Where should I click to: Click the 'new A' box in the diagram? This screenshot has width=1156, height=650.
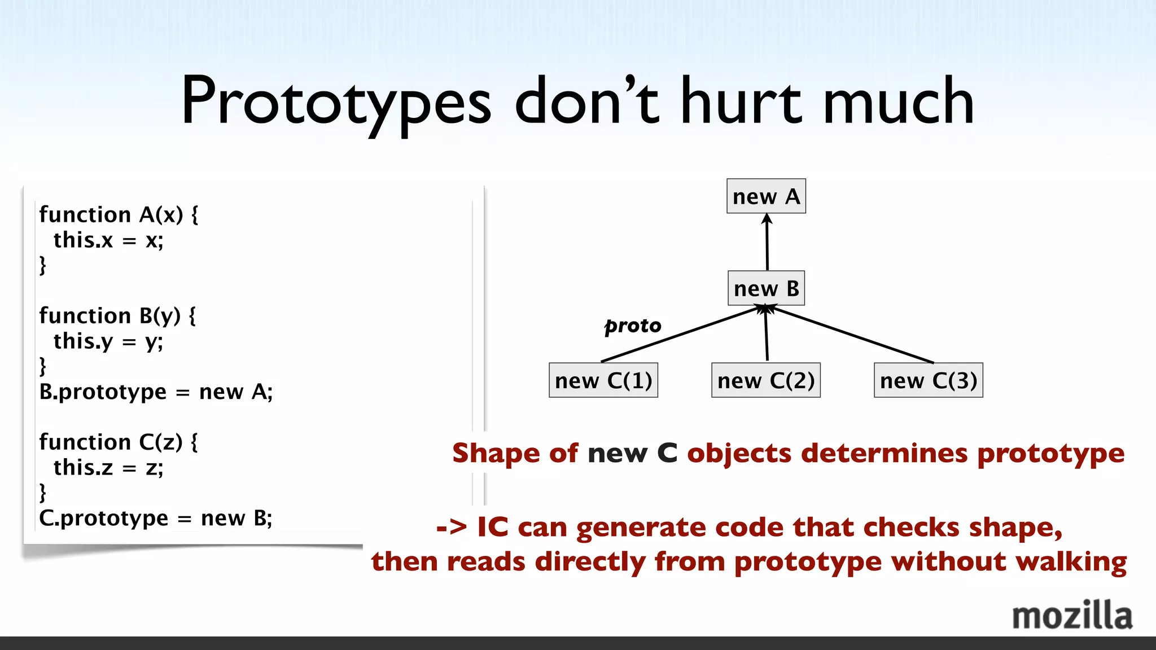[766, 196]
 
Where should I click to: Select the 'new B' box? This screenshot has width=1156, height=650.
[766, 288]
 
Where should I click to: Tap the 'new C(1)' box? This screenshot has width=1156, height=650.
[603, 380]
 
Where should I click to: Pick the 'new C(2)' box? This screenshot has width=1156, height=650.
[765, 380]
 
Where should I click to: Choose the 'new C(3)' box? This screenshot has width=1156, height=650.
[928, 380]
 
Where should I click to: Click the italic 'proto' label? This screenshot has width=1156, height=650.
[633, 326]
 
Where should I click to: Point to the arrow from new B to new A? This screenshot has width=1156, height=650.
[767, 243]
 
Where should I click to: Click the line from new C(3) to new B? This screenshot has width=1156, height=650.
[852, 334]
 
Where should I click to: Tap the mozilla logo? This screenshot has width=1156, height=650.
[1072, 616]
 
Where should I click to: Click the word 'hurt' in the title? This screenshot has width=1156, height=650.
[741, 102]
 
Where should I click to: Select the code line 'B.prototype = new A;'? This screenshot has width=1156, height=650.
[156, 392]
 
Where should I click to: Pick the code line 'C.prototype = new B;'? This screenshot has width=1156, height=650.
[156, 518]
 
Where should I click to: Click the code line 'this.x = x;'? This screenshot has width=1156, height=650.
[108, 240]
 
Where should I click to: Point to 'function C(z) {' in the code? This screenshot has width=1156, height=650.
[119, 442]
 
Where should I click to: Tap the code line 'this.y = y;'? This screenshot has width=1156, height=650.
[108, 341]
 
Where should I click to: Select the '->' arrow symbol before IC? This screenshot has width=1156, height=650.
[452, 528]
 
